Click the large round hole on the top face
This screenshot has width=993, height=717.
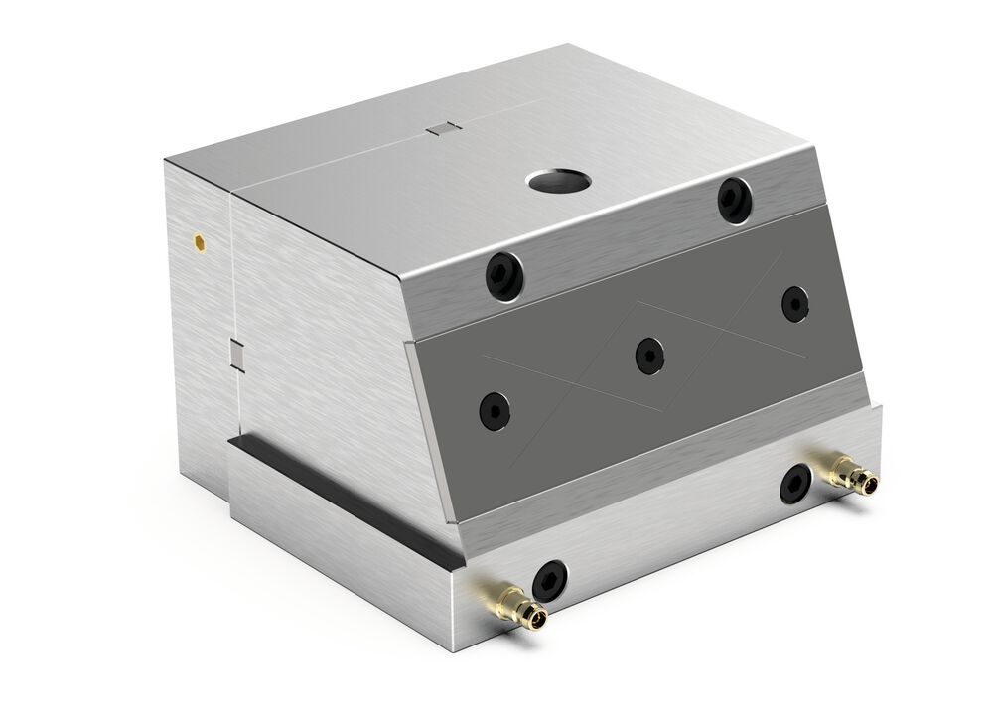pyautogui.click(x=558, y=181)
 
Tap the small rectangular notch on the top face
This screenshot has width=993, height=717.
pyautogui.click(x=444, y=127)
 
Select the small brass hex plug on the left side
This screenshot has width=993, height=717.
pyautogui.click(x=200, y=240)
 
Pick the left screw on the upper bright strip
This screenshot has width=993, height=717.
pyautogui.click(x=503, y=275)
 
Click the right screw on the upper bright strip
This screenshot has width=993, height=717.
pyautogui.click(x=736, y=200)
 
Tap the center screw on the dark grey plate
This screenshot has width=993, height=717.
pyautogui.click(x=649, y=355)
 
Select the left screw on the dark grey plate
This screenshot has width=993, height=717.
pyautogui.click(x=495, y=410)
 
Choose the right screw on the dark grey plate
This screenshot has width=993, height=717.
pyautogui.click(x=795, y=303)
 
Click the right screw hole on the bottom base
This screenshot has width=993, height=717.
pyautogui.click(x=795, y=484)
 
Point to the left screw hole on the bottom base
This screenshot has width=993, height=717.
pyautogui.click(x=549, y=581)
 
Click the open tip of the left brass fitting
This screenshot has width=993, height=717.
pyautogui.click(x=537, y=620)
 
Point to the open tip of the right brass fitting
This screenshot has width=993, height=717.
pyautogui.click(x=871, y=485)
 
